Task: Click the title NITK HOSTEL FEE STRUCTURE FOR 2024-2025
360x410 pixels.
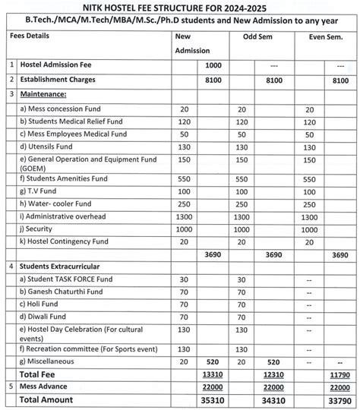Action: tap(179, 7)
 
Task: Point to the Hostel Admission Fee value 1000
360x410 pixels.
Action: tap(213, 66)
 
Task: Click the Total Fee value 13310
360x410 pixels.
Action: tap(213, 374)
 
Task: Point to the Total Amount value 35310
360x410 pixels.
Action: tap(213, 399)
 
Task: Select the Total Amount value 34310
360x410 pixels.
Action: tap(275, 399)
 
